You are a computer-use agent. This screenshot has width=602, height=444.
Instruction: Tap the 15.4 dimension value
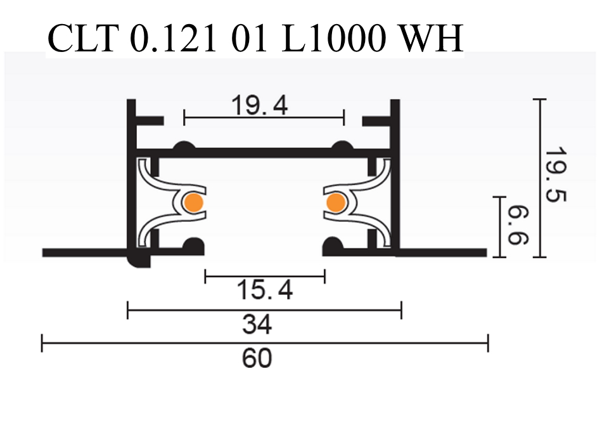click(265, 291)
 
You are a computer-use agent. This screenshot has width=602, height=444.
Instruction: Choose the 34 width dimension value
click(257, 325)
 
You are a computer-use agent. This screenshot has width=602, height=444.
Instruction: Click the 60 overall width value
click(257, 358)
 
